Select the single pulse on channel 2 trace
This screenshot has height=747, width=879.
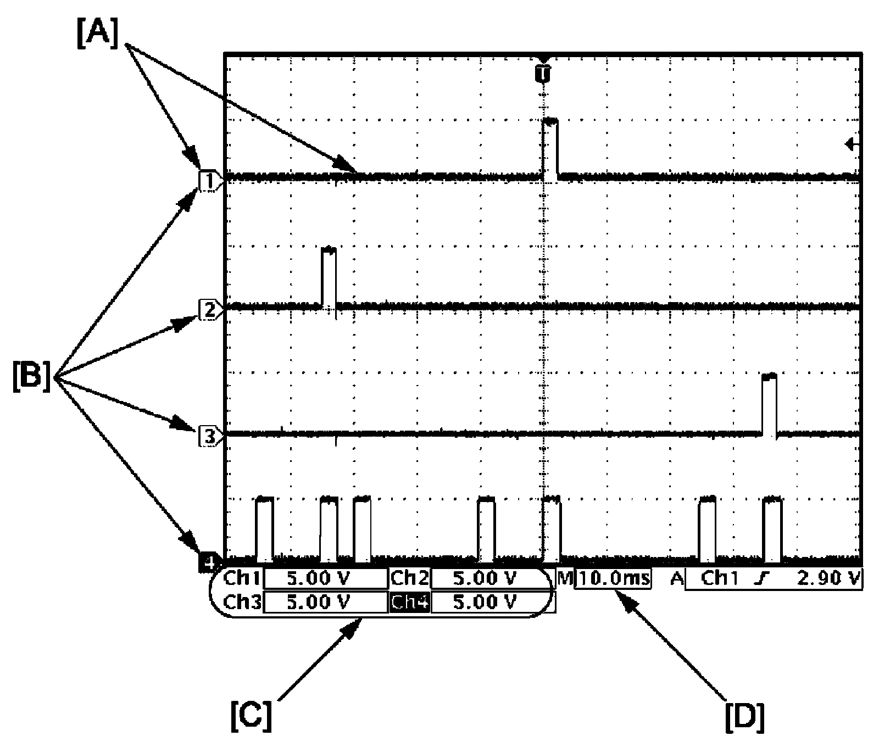(329, 277)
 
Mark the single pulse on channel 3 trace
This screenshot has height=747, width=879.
(770, 404)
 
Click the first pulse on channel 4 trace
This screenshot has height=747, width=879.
(265, 529)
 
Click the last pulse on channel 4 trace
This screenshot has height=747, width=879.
(772, 529)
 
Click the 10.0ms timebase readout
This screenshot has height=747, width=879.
(613, 578)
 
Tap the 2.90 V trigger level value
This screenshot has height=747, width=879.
(828, 578)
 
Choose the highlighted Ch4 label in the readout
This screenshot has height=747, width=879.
(410, 603)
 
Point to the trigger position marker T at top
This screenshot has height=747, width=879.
(543, 71)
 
